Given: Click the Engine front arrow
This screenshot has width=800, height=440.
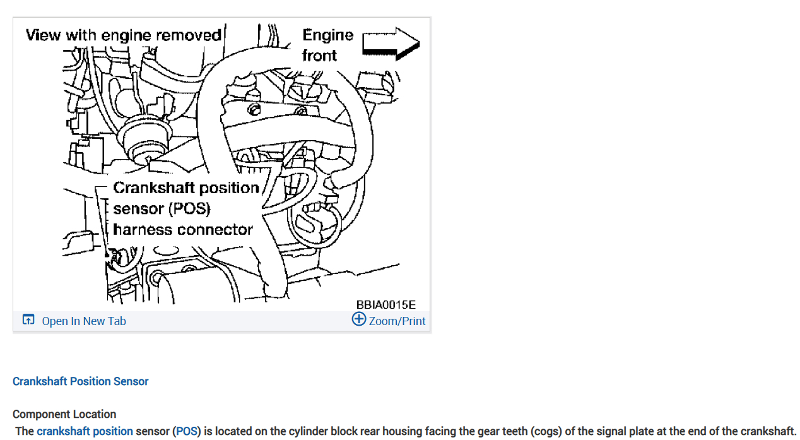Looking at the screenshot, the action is [391, 43].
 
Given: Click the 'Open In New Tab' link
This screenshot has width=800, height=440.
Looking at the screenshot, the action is [84, 321].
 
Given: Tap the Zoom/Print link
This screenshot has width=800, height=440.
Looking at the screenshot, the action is [397, 321].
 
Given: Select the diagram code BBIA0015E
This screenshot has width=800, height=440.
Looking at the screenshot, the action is [385, 305].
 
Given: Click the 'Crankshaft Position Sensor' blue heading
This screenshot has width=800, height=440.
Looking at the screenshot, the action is [81, 381].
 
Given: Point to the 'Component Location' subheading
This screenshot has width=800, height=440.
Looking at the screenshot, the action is [64, 414].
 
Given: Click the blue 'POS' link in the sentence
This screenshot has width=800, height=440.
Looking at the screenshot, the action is [186, 432].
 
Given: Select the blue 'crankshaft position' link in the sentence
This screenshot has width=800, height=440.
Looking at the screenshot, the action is [85, 432].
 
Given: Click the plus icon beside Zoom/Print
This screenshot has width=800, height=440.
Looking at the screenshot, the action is [358, 319].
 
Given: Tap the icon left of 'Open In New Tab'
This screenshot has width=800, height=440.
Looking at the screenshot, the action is [28, 320].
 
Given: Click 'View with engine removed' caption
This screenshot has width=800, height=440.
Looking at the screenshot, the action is [124, 35].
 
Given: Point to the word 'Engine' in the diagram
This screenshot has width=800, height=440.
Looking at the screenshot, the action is [328, 35].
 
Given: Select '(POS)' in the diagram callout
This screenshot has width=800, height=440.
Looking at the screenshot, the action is [189, 209].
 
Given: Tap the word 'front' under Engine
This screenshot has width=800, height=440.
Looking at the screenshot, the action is [320, 56].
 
